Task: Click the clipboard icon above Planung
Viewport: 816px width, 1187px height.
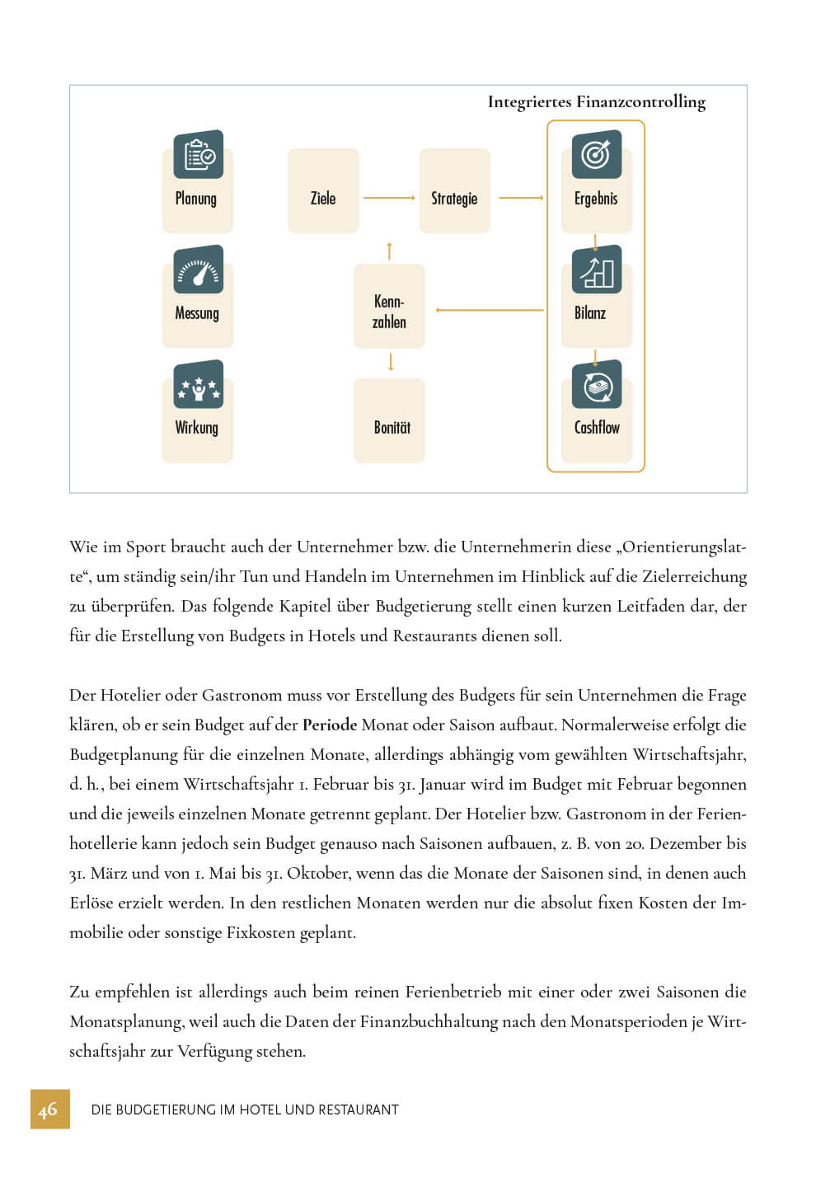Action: click(199, 154)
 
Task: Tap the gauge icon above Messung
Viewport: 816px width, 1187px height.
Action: click(199, 270)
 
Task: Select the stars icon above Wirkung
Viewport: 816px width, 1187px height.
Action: click(199, 384)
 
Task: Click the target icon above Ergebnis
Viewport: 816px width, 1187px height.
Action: click(597, 154)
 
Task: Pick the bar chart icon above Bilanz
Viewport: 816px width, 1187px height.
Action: click(597, 270)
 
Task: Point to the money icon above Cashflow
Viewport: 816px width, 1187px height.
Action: click(597, 384)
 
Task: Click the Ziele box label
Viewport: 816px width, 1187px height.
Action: click(323, 199)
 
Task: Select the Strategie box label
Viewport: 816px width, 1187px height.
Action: click(454, 199)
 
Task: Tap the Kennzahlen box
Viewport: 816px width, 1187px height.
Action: click(389, 312)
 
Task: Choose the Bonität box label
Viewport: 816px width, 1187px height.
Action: click(392, 428)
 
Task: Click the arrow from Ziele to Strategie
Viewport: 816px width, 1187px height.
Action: click(389, 198)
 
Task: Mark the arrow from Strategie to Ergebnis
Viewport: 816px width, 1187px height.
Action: click(522, 198)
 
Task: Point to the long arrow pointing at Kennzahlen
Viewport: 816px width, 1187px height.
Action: click(490, 310)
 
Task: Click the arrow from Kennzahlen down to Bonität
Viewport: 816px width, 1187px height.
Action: click(391, 362)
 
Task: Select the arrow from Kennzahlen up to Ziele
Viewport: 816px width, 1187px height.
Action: click(389, 250)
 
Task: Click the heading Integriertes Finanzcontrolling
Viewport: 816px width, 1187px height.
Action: click(596, 102)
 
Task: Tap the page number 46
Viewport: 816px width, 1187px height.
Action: click(49, 1110)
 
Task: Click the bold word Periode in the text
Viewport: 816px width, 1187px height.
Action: click(330, 725)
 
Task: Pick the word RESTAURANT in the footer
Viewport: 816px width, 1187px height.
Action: click(359, 1110)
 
